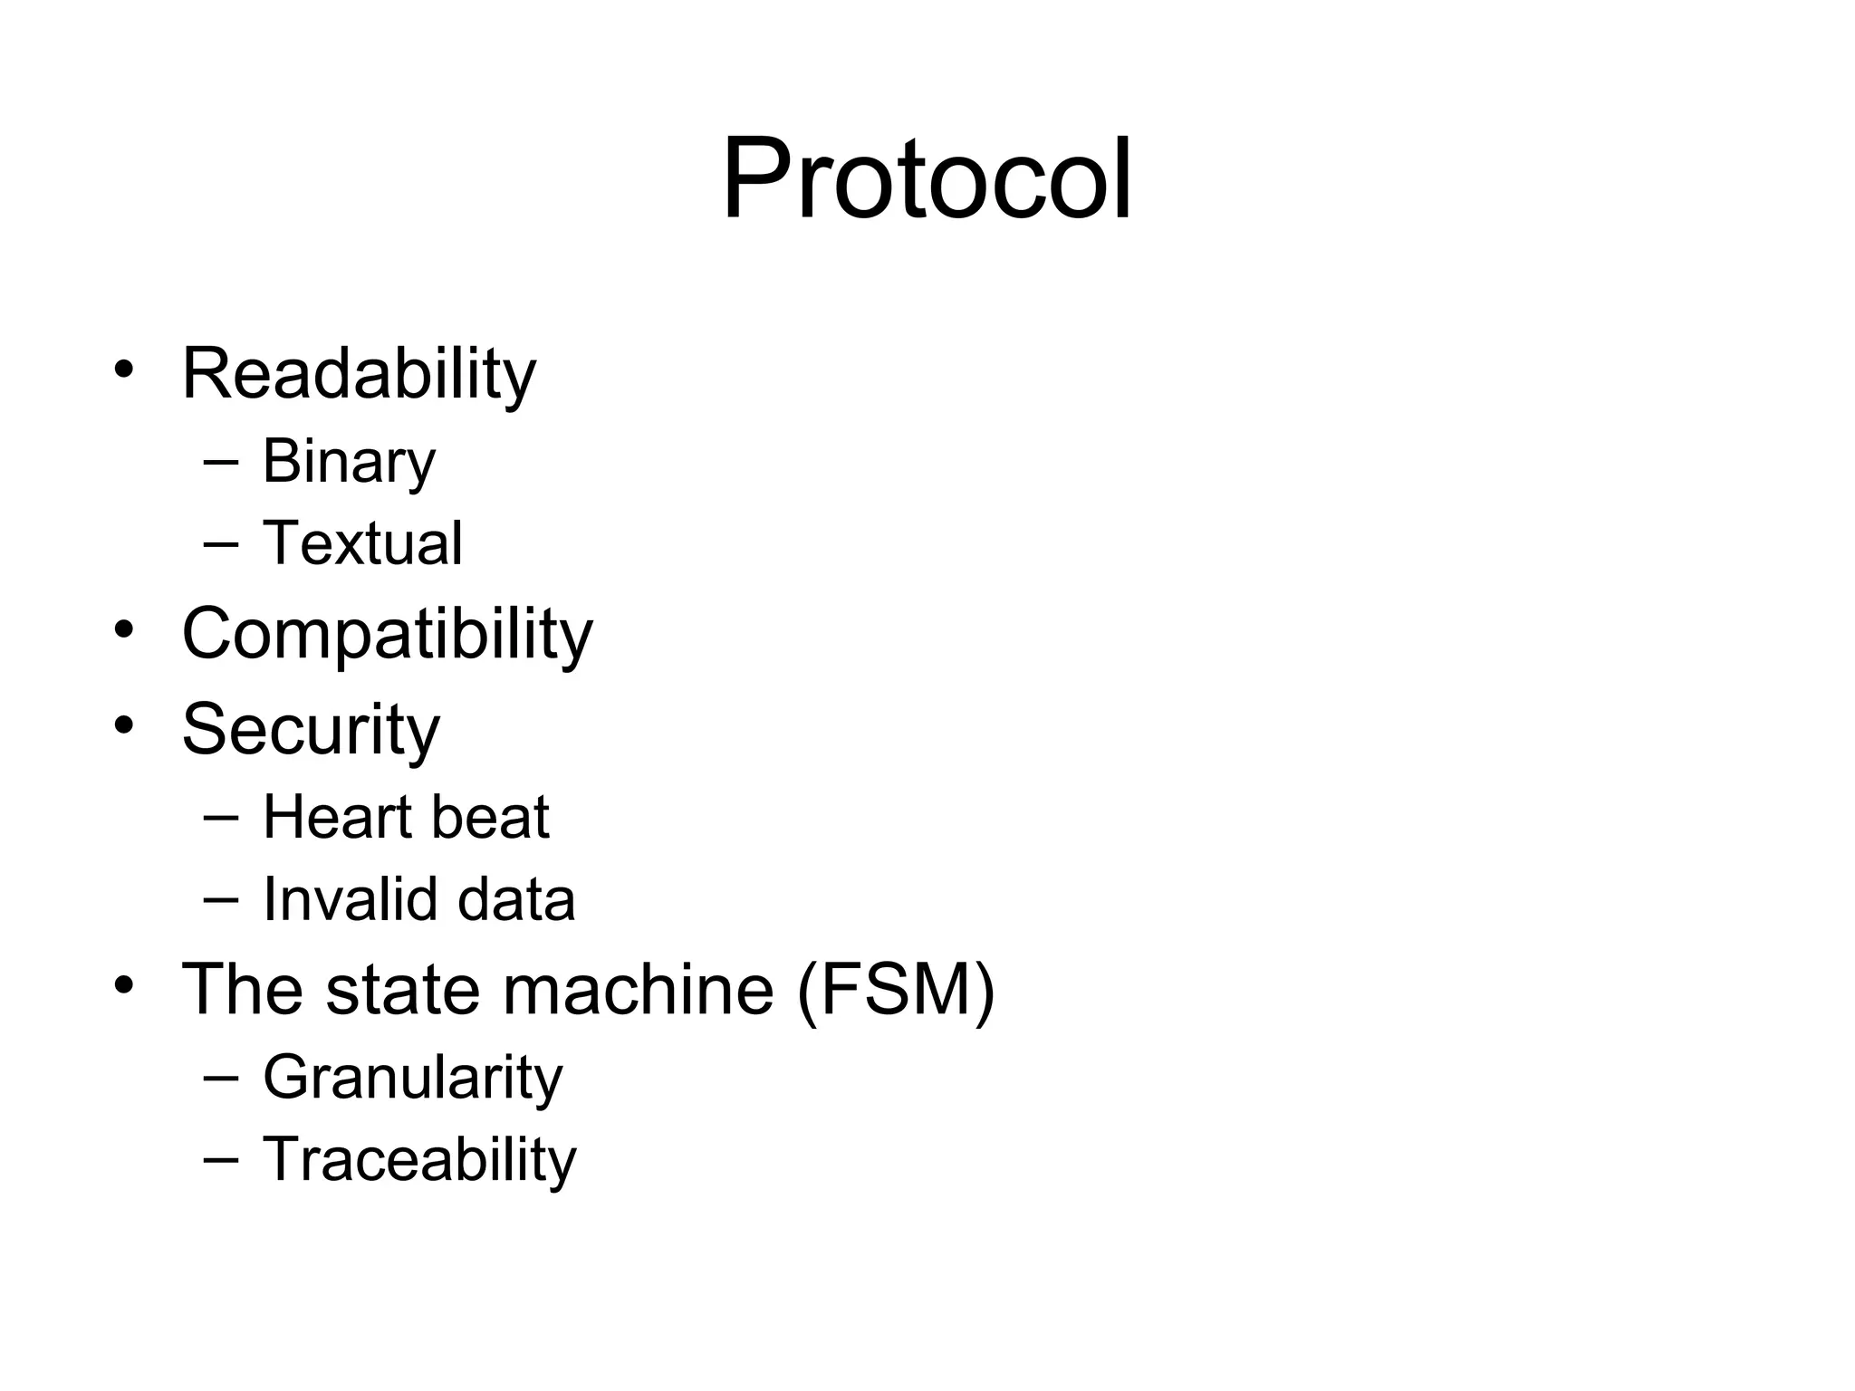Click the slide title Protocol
point(927,178)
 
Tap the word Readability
point(359,373)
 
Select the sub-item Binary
point(349,461)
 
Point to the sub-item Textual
point(362,543)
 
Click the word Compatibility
point(387,633)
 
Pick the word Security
point(311,729)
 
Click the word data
point(516,899)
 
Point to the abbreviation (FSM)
point(896,989)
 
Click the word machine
point(638,989)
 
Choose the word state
point(404,989)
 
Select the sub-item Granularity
point(412,1078)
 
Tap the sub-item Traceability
point(418,1159)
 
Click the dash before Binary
point(222,462)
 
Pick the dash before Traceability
point(222,1159)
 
